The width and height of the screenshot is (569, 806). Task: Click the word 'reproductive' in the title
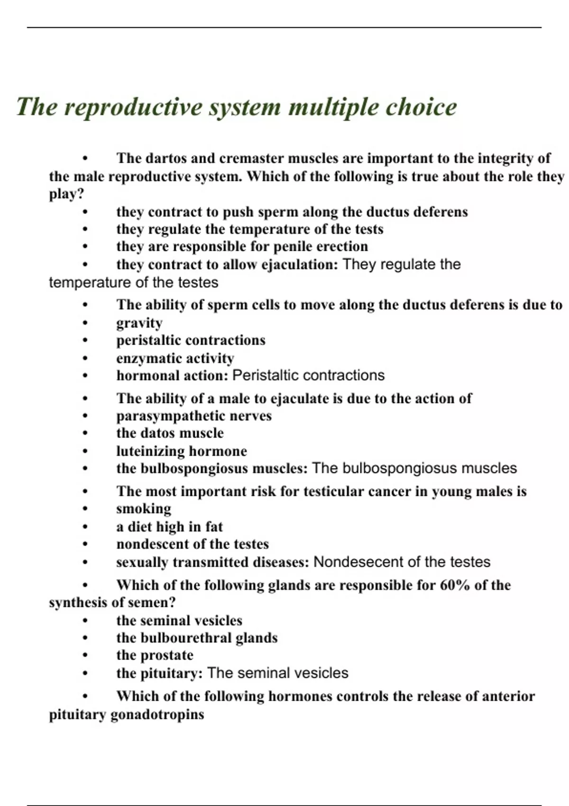pyautogui.click(x=133, y=107)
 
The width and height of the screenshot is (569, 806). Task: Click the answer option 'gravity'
pyautogui.click(x=139, y=323)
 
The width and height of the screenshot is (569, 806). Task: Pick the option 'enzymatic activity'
pyautogui.click(x=175, y=358)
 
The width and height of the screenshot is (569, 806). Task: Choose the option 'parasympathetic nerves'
pyautogui.click(x=194, y=416)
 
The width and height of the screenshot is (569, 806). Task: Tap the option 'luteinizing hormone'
pyautogui.click(x=182, y=451)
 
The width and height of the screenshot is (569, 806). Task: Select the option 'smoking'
pyautogui.click(x=144, y=509)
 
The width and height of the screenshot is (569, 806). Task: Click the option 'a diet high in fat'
pyautogui.click(x=169, y=527)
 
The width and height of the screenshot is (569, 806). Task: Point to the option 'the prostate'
pyautogui.click(x=155, y=655)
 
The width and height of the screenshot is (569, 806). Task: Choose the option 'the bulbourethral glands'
pyautogui.click(x=197, y=638)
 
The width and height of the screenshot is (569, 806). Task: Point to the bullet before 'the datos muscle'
pyautogui.click(x=85, y=433)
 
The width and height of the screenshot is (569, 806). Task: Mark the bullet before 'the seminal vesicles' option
pyautogui.click(x=85, y=621)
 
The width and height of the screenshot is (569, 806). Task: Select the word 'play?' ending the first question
pyautogui.click(x=66, y=194)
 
